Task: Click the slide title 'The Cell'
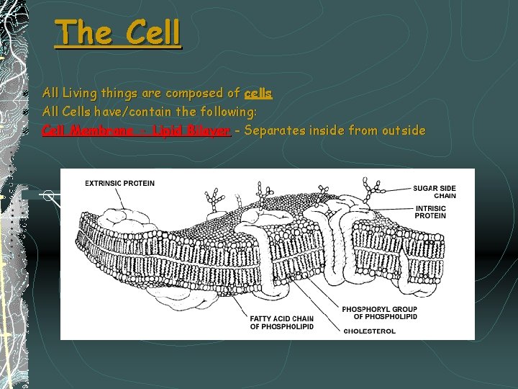(x=118, y=32)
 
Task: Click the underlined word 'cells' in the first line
(x=258, y=93)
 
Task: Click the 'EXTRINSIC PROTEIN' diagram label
(x=119, y=183)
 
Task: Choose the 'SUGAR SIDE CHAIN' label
(x=435, y=192)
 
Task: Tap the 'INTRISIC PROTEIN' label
(x=430, y=212)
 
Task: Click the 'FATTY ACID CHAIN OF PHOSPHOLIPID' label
(x=282, y=322)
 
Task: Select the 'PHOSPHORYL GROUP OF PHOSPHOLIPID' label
(x=379, y=313)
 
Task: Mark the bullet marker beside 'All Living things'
(x=26, y=94)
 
